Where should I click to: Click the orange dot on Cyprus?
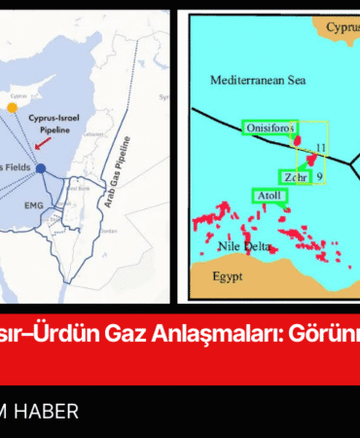click(12, 108)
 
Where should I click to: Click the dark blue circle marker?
click(41, 169)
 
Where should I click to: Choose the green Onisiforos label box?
click(268, 127)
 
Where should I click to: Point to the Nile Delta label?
click(232, 246)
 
